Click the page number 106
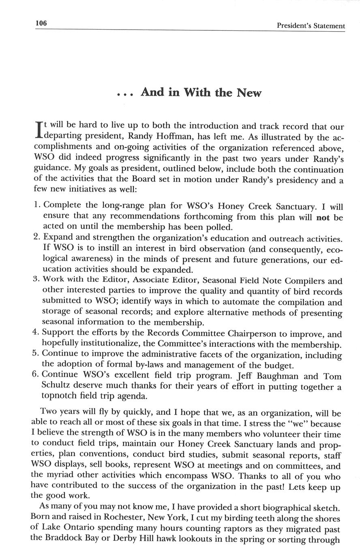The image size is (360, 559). [x=41, y=23]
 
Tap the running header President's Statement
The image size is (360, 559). [x=311, y=26]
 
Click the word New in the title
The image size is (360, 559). [x=249, y=93]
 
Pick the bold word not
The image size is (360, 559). [x=323, y=218]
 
